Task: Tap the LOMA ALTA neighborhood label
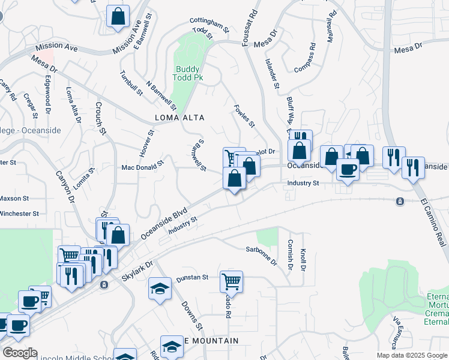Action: [180, 118]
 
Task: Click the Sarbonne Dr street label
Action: [261, 254]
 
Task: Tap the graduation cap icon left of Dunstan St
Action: [160, 289]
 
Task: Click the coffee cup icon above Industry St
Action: [348, 169]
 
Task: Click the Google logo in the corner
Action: [20, 352]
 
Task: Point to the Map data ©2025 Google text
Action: [411, 355]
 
